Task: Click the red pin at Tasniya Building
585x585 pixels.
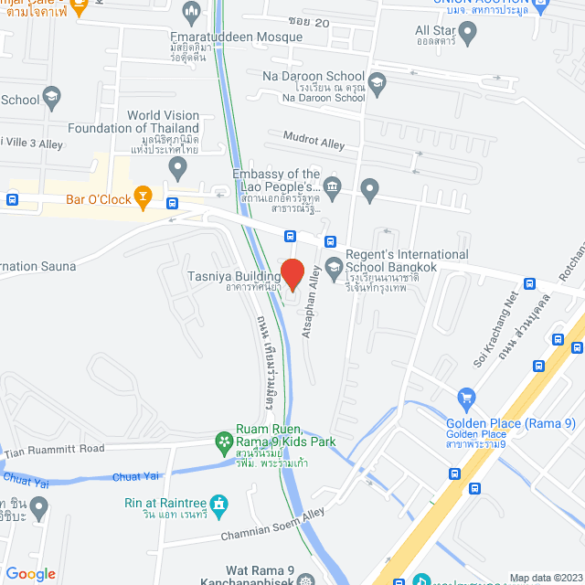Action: coord(292,274)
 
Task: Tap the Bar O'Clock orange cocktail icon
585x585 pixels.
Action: coord(142,196)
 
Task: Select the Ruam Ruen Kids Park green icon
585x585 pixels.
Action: coord(223,442)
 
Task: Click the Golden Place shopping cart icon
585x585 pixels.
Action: coord(467,398)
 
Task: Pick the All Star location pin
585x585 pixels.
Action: coord(468,36)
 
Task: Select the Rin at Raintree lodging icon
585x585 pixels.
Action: coord(218,504)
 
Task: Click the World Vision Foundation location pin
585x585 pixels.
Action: coord(178,167)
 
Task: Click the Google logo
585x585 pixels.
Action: coord(30,573)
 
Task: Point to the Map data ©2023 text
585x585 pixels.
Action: coord(545,578)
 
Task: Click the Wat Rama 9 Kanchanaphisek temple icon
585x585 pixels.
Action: coord(304,578)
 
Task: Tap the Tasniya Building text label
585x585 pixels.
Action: coord(234,277)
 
